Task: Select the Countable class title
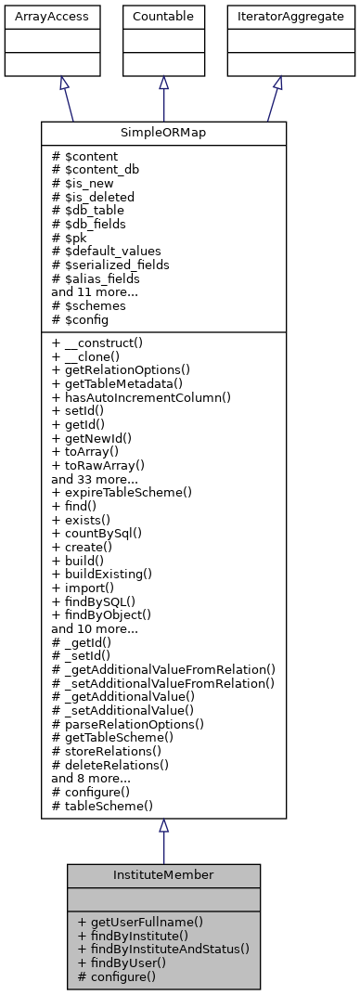coord(163,17)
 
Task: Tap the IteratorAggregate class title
coord(277,17)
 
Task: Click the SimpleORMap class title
coord(163,132)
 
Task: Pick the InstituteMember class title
coord(163,874)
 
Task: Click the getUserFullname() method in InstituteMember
coord(141,923)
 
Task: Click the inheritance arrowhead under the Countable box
coord(163,83)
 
